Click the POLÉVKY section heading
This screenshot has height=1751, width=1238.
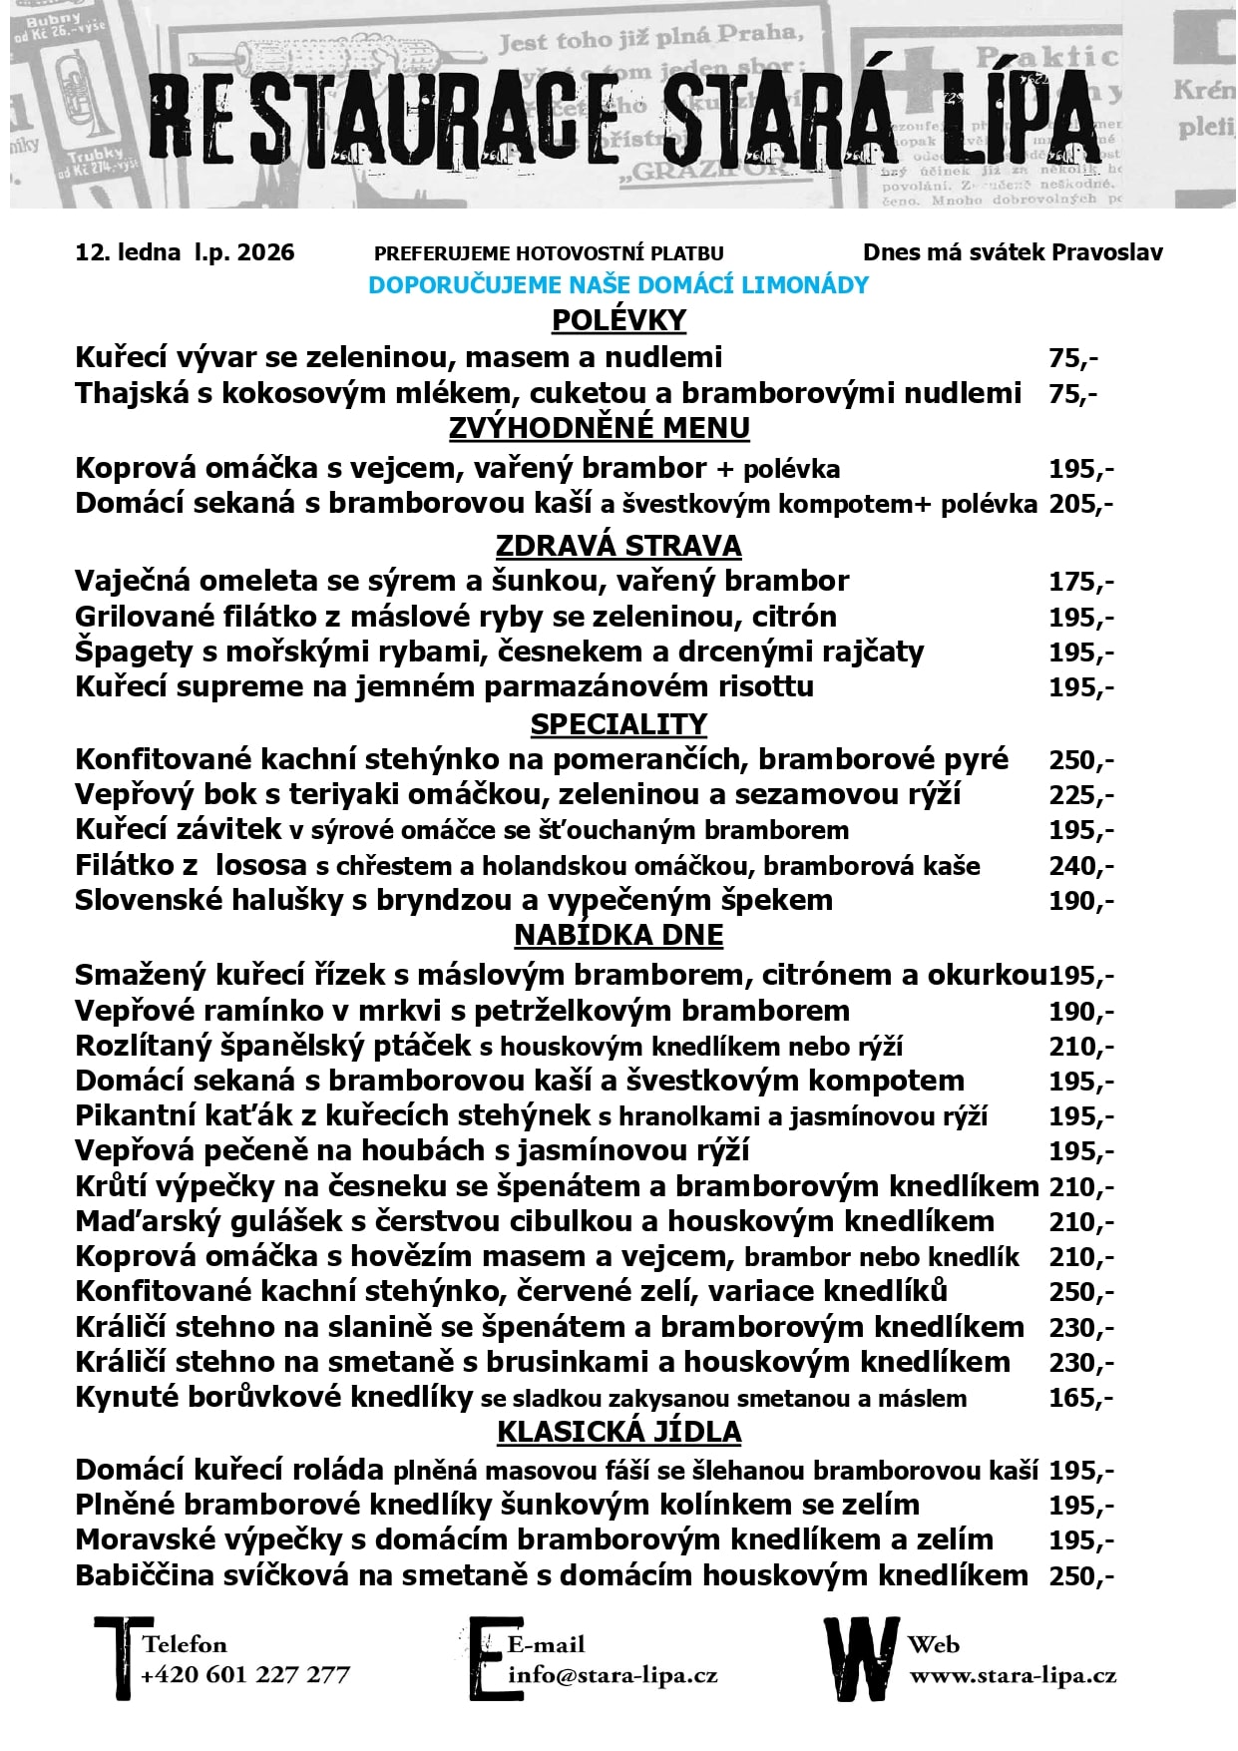point(619,320)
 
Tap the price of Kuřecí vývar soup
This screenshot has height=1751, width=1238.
point(1072,358)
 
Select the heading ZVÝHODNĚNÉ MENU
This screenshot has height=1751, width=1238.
point(599,428)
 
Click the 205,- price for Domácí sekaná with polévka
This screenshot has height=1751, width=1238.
point(1080,504)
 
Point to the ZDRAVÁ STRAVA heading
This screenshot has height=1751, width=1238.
point(619,546)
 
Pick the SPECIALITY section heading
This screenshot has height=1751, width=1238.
point(619,724)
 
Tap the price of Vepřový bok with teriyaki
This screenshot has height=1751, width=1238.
point(1080,795)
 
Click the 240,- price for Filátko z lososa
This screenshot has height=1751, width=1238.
point(1080,866)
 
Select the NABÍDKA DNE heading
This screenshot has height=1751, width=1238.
point(619,935)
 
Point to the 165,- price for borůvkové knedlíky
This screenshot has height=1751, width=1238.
point(1080,1398)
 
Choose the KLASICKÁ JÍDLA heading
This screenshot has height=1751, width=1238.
point(619,1432)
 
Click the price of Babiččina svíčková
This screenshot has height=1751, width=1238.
point(1080,1576)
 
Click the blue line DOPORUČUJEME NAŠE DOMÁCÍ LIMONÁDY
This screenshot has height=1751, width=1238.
point(619,285)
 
